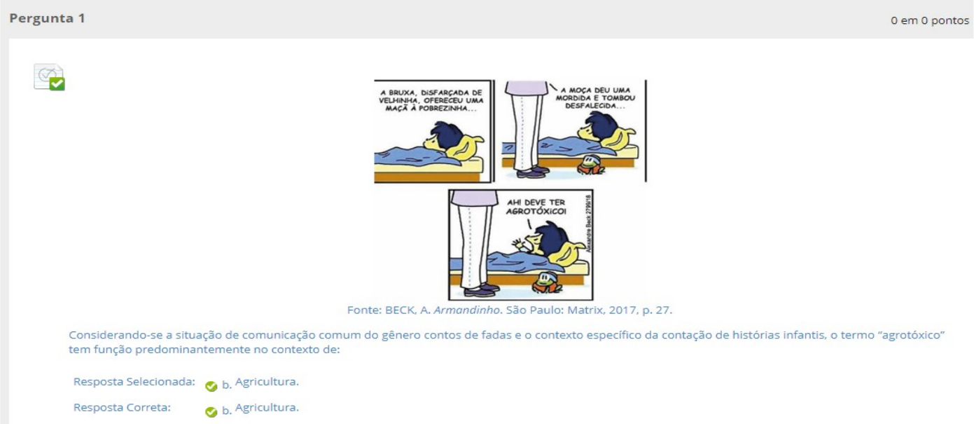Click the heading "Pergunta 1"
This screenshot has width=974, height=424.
coord(47,18)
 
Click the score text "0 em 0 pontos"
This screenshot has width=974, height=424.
coord(930,20)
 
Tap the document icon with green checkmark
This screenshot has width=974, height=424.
coord(50,77)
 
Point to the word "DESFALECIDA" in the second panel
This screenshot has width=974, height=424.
coord(590,106)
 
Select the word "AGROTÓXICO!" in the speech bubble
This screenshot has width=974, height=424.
coord(536,212)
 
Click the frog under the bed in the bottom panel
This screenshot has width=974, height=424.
coord(548,282)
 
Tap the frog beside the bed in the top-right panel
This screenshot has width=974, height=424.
coord(591,165)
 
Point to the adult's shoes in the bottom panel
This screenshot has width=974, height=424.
coord(481,290)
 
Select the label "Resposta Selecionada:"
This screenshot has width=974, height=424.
coord(134,382)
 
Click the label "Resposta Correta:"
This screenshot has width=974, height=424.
coord(122,407)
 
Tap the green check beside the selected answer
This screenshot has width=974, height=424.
coord(211,386)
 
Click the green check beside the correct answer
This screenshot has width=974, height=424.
coord(211,412)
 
